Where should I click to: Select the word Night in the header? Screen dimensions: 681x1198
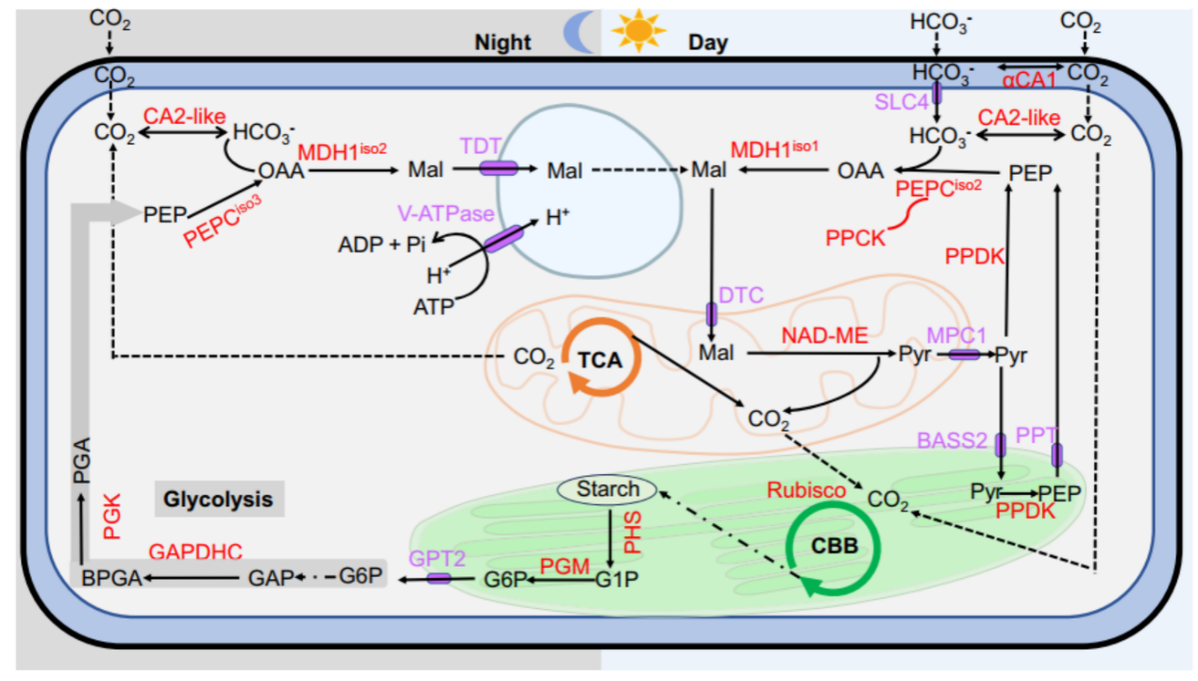point(502,43)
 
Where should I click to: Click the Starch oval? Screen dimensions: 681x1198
point(608,489)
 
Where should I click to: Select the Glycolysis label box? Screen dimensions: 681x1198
point(219,499)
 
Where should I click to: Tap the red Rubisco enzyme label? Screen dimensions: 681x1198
point(805,490)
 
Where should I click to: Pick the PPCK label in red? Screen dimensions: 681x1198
point(857,238)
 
